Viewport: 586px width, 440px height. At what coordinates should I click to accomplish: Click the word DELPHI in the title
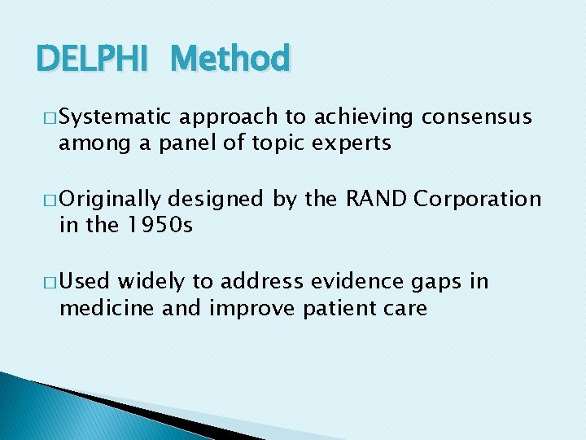pos(92,59)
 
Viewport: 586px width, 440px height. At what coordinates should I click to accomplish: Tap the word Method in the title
pos(231,59)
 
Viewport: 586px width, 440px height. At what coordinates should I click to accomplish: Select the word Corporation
pos(478,200)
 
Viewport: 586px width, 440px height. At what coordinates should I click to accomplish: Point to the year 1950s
pos(160,226)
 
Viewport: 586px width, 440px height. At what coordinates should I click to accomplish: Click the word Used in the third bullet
pos(86,281)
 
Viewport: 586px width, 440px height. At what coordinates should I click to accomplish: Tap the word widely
pos(152,281)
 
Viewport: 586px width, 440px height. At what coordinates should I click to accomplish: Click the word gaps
pos(437,283)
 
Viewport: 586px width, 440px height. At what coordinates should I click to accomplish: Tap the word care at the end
pos(405,308)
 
